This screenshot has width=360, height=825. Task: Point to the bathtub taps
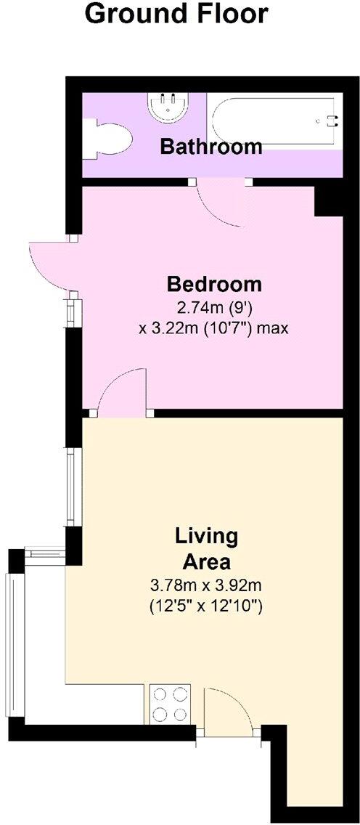pyautogui.click(x=332, y=121)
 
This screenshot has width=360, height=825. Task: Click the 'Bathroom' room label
pyautogui.click(x=210, y=147)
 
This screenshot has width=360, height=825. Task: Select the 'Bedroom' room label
pyautogui.click(x=213, y=283)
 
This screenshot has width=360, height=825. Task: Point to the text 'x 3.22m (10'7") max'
pyautogui.click(x=213, y=328)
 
